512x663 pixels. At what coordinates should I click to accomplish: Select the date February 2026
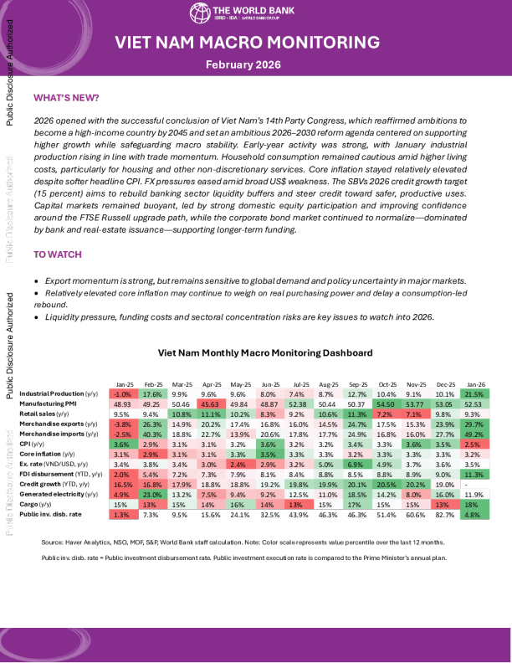pos(243,64)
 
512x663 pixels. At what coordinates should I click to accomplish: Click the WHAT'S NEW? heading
pos(66,98)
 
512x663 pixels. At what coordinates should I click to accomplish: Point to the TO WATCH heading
pos(57,254)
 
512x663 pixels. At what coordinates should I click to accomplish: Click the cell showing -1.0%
pos(124,393)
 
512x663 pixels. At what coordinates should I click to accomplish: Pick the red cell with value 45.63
pos(208,403)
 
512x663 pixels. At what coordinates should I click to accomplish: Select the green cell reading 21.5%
pos(474,393)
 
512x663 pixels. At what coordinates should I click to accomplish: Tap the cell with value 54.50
pos(386,403)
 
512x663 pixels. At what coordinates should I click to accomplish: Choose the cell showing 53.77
pos(416,403)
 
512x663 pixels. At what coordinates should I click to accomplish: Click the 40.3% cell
pos(152,434)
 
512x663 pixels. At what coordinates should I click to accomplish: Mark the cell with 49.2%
pos(474,434)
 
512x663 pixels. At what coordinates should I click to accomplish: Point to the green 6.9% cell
pos(356,464)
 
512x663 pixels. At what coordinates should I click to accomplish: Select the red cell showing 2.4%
pos(238,464)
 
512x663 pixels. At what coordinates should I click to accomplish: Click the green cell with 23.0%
pos(152,494)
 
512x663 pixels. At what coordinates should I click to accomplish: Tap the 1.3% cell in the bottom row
pos(124,514)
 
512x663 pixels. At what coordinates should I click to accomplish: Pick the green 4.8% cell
pos(474,514)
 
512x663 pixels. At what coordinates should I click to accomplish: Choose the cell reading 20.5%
pos(386,484)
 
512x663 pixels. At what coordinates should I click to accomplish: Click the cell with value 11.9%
pos(474,494)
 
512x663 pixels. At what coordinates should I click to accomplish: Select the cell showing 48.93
pos(124,403)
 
